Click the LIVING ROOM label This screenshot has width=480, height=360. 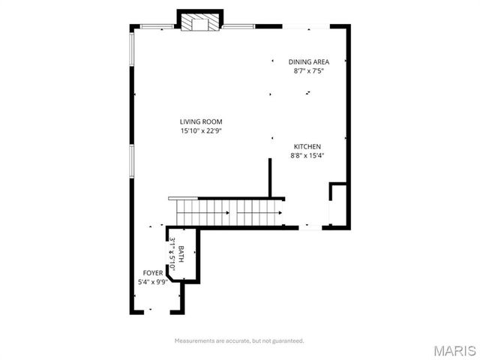(200, 121)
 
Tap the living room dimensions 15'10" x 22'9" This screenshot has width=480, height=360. (200, 131)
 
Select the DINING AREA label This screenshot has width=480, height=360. (309, 62)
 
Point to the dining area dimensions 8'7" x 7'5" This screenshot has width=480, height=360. (309, 72)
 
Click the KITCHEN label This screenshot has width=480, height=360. (307, 146)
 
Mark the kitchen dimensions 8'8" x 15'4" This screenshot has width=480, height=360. (307, 156)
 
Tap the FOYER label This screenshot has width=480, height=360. (152, 272)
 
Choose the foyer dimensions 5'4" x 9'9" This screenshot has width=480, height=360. (152, 282)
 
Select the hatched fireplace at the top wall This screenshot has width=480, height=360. (199, 23)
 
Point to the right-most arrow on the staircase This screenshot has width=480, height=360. (279, 212)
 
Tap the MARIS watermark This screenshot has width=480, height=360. (454, 349)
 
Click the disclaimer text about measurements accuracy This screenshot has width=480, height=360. (239, 340)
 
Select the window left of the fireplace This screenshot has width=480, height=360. (157, 28)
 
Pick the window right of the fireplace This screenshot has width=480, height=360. (238, 28)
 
